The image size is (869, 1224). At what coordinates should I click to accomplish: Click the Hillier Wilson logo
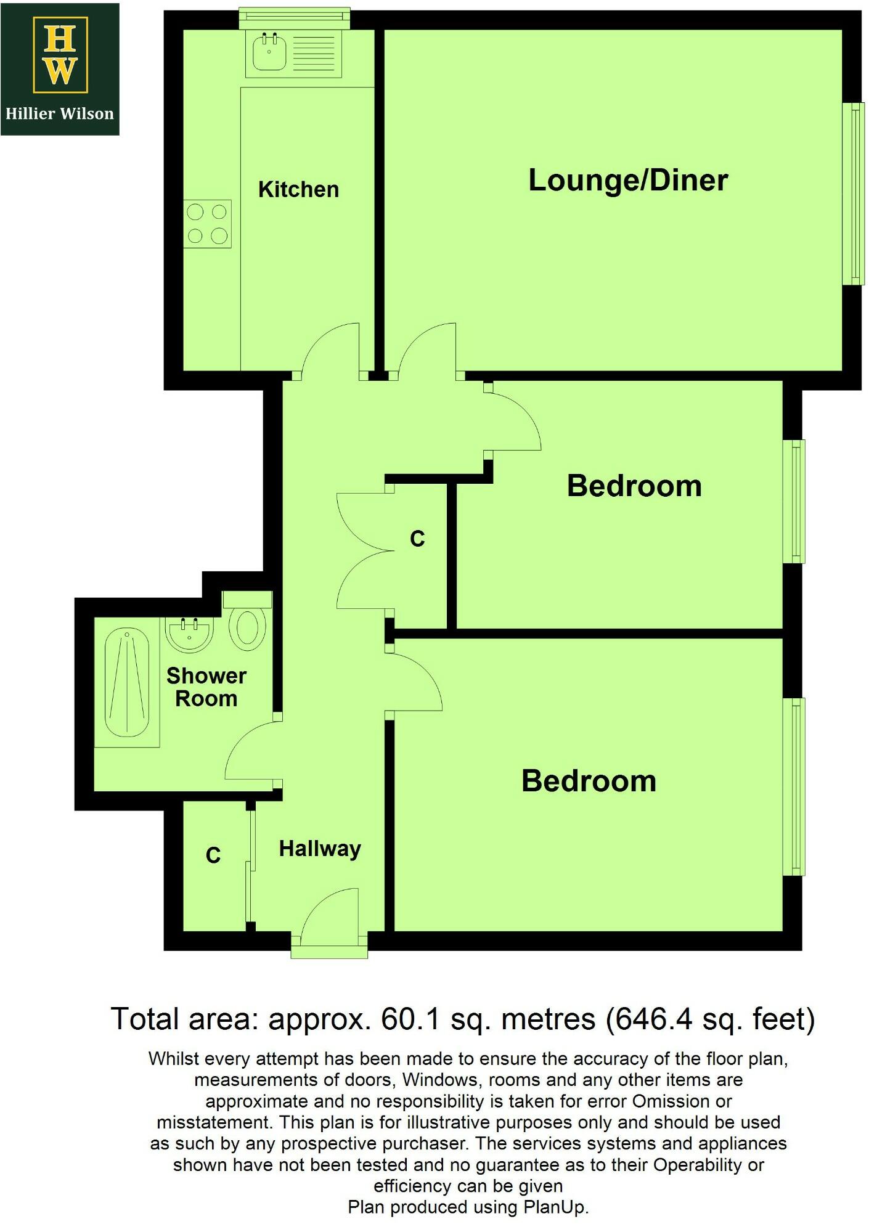coord(60,68)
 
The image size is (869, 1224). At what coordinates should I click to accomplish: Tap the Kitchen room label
coord(298,189)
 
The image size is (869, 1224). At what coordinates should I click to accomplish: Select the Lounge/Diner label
coord(628,180)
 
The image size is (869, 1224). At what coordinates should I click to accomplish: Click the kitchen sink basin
coord(269,52)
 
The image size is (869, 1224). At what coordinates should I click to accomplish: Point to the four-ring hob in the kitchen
coord(208,224)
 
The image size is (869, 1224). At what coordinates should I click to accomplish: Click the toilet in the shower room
coord(248,627)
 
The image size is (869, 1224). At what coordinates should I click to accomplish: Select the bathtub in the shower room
coord(127,683)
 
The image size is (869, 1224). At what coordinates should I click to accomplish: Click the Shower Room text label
coord(206,687)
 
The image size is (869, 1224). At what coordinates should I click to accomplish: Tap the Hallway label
coord(320,849)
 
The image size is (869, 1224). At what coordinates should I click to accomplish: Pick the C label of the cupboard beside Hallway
coord(213,855)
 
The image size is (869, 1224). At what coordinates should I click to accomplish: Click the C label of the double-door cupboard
coord(417,539)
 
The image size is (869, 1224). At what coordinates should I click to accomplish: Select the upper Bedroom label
coord(634,486)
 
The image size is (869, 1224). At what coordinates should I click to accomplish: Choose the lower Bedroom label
coord(589,781)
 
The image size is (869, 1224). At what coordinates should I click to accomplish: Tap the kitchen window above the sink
coord(295,18)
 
